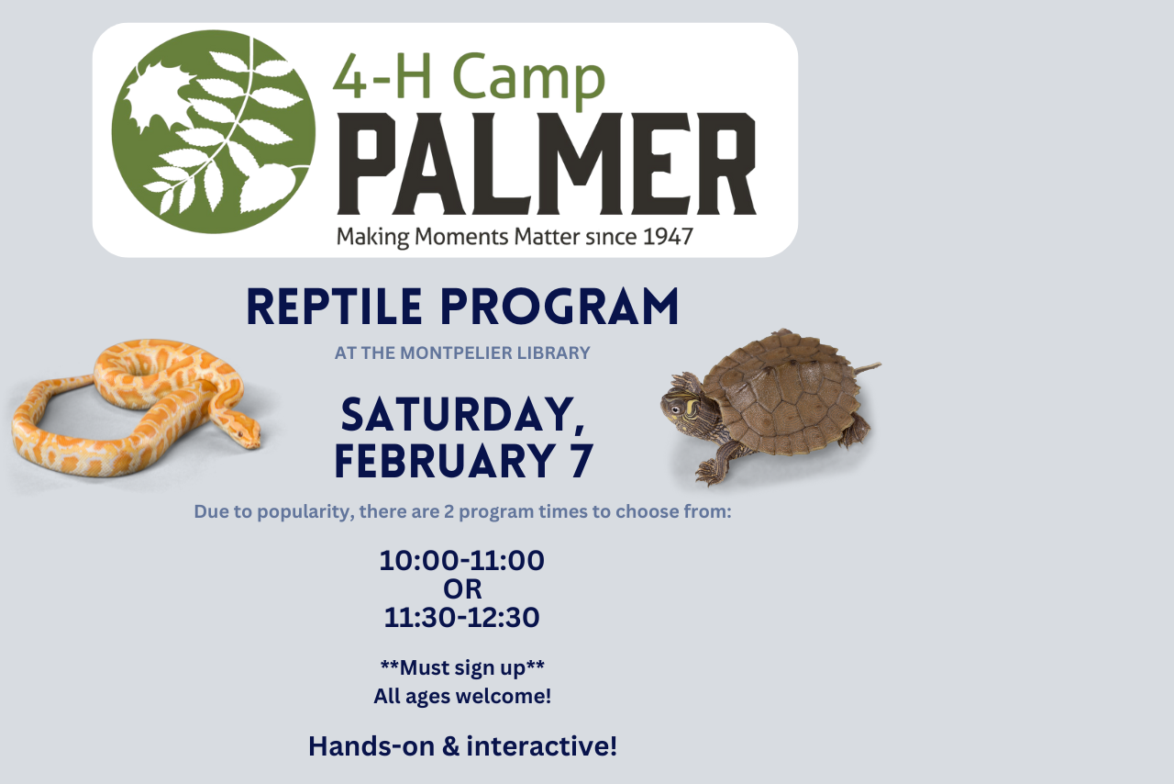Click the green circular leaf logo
click(213, 131)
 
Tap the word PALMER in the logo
click(547, 164)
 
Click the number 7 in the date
click(581, 461)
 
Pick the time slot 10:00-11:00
click(462, 561)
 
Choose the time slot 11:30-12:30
click(462, 618)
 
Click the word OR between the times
click(462, 589)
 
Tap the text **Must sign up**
click(462, 666)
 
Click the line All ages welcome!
click(462, 696)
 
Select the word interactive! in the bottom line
click(541, 745)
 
